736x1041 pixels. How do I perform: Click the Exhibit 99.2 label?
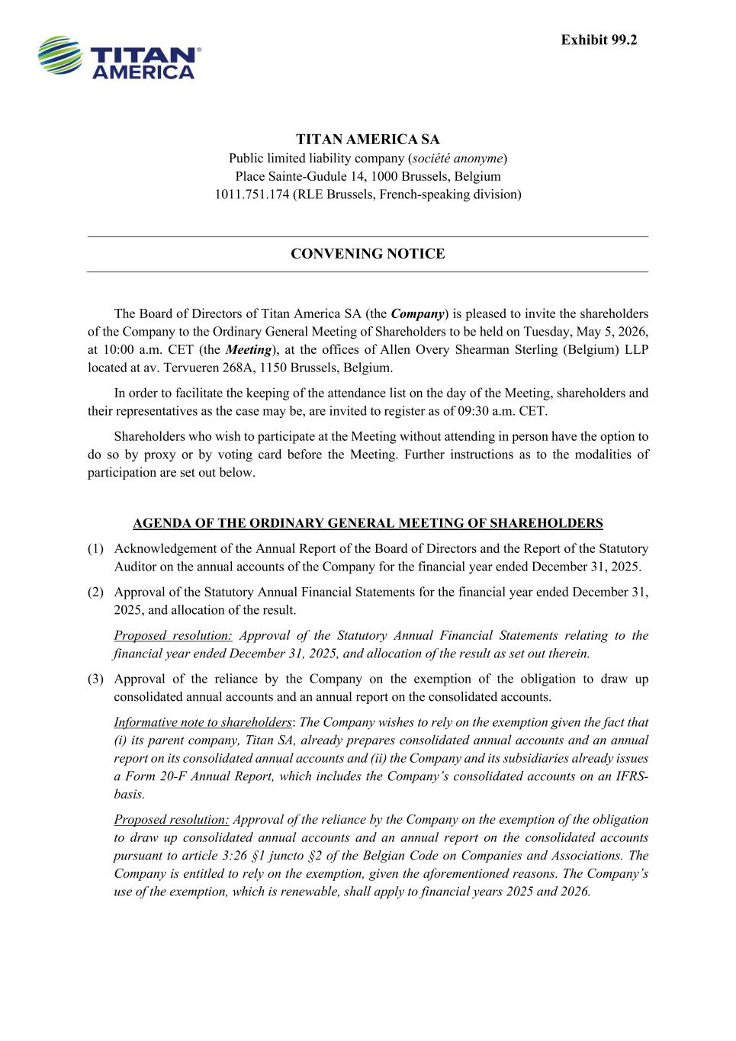pos(598,40)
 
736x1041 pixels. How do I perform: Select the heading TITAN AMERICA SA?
pos(368,140)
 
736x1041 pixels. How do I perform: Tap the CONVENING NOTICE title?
pos(368,254)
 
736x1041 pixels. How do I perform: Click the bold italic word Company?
pos(417,313)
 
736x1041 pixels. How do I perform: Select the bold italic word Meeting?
pos(249,350)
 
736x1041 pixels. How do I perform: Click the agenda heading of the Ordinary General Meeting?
pos(368,523)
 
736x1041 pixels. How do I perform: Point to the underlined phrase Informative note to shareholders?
pos(203,722)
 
